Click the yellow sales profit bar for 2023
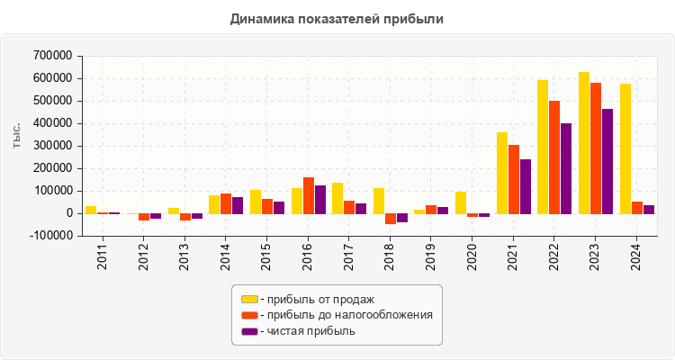tap(584, 142)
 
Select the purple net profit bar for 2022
tap(566, 168)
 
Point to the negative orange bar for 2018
tap(391, 219)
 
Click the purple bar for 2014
tap(238, 205)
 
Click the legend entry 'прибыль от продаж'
tap(316, 299)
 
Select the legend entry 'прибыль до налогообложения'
tap(346, 315)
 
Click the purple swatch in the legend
tap(249, 331)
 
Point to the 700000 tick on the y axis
tap(51, 56)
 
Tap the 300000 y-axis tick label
tap(51, 146)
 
